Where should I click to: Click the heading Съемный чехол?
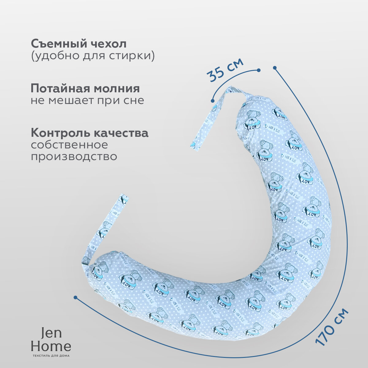coord(79,44)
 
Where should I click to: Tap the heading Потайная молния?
coord(85,89)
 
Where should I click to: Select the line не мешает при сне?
coord(87,101)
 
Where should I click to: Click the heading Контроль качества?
coord(90,133)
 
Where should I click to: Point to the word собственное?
coord(69,144)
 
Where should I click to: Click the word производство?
coord(74,156)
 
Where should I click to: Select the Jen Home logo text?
coord(51,340)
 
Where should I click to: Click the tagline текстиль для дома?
coord(51,356)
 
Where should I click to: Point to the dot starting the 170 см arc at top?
coord(275,67)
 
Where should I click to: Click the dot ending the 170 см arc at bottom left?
coord(75,297)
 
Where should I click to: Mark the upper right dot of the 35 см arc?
coord(259,70)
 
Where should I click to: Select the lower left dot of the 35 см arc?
coord(212,100)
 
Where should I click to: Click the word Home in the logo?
coord(51,346)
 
